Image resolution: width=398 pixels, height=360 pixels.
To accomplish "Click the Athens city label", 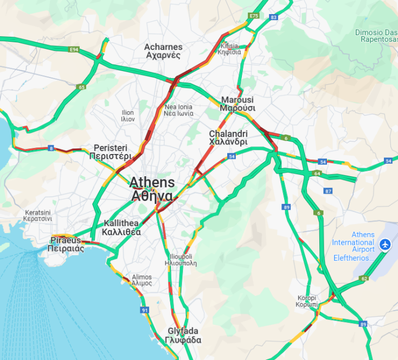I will point(152,189).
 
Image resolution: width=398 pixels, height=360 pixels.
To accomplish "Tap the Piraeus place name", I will point(66,245).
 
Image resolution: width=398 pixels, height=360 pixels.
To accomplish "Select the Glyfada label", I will point(183,336).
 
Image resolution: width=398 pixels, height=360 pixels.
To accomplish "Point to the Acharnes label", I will point(163,51).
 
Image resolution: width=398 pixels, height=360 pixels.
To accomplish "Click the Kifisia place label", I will point(229,49).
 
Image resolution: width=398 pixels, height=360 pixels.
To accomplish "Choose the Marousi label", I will point(237,104).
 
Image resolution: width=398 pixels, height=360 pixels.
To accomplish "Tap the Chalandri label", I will point(228,138).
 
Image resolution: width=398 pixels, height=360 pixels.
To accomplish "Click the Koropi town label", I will point(306,301).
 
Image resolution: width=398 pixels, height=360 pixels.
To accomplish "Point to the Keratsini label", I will point(37,216).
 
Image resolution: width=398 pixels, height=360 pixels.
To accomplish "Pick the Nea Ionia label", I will point(178,110).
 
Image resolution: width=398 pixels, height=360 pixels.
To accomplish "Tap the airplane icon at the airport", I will point(386,245).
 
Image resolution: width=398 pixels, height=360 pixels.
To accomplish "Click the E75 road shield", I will point(254,16).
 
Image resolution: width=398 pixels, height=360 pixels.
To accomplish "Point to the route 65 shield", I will point(82,87).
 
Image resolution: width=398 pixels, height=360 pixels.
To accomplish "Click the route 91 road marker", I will point(144,310).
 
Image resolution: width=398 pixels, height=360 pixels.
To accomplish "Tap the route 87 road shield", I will point(328,191).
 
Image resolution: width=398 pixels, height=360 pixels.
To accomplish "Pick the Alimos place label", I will point(142,280).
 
